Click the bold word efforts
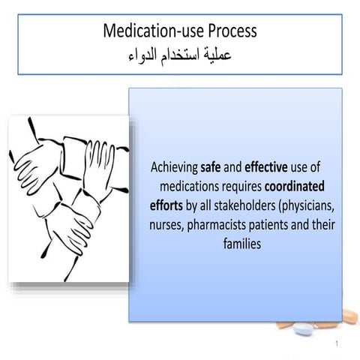(166, 205)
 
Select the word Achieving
(175, 167)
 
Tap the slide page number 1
(339, 346)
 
